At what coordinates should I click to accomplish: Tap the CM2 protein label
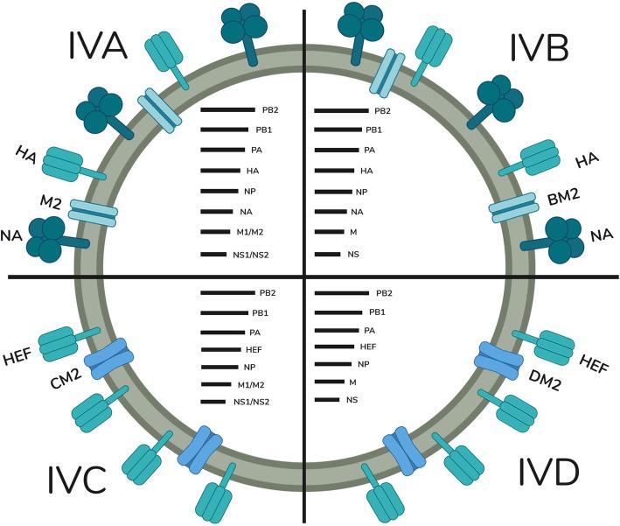[x=63, y=379]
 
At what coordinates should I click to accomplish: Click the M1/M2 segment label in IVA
[x=254, y=232]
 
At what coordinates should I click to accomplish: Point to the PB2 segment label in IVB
[x=382, y=111]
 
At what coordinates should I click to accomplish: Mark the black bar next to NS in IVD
[x=326, y=399]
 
